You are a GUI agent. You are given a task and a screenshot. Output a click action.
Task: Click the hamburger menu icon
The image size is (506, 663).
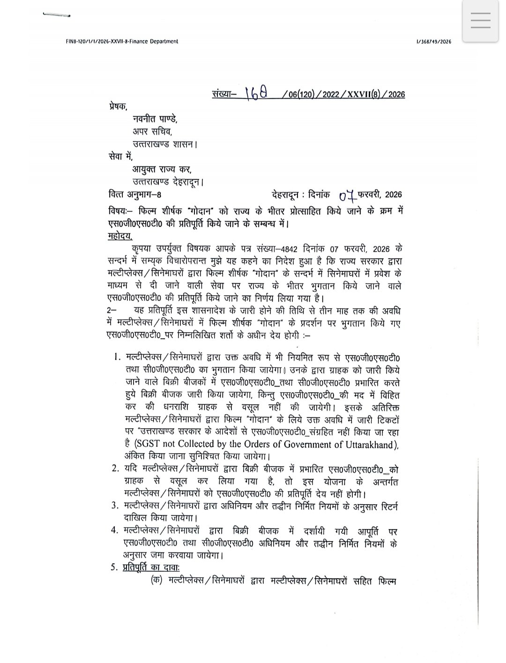(480, 20)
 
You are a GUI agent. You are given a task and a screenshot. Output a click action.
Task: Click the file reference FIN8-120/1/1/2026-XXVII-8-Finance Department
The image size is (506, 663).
(122, 42)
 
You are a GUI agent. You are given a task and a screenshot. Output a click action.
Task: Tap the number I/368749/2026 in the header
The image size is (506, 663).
(433, 42)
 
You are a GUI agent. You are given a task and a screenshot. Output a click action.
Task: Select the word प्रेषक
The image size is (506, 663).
(117, 107)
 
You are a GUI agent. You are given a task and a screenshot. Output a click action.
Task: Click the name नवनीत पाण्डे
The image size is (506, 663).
(155, 120)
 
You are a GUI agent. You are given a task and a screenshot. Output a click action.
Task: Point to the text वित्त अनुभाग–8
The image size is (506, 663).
(136, 194)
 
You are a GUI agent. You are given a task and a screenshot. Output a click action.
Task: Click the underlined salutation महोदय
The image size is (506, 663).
(120, 236)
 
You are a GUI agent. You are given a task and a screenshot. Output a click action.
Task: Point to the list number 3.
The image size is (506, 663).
(114, 506)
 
